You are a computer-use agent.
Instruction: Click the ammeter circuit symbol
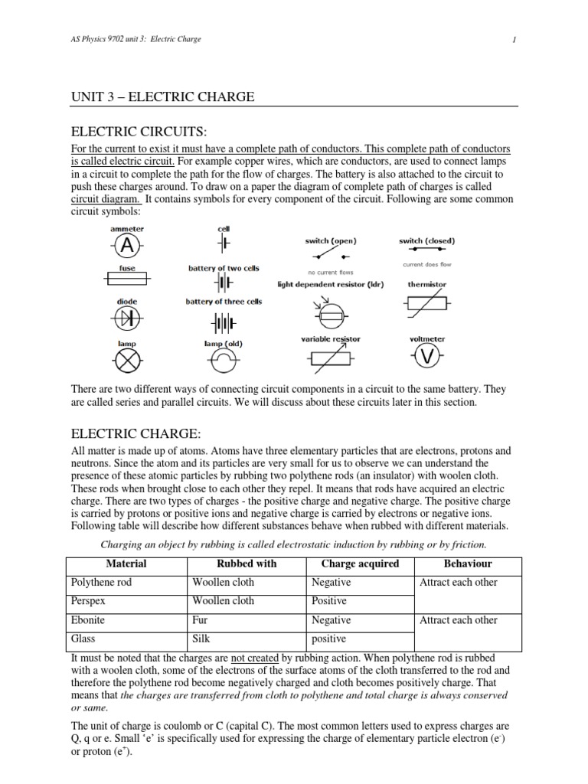(127, 246)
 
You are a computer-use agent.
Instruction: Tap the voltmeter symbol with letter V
(427, 357)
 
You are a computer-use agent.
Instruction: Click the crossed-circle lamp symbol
(127, 360)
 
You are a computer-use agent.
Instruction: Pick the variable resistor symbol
(330, 358)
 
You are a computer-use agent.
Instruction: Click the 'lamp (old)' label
(224, 344)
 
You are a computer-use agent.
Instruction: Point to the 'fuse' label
(127, 269)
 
